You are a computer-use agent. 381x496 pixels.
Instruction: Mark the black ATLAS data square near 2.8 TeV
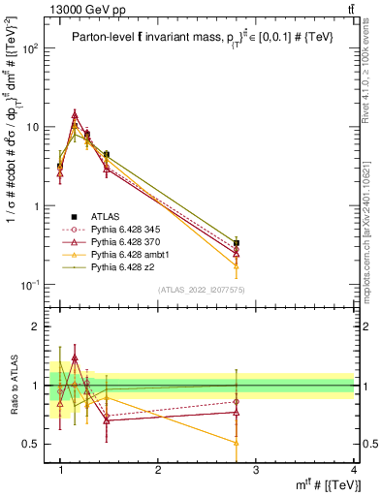(x=237, y=243)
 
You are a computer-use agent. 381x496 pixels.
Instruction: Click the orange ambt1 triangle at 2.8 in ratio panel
(x=237, y=442)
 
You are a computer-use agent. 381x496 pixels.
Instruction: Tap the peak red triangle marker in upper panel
(x=75, y=114)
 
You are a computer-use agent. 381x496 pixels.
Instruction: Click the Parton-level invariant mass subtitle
(x=206, y=36)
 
